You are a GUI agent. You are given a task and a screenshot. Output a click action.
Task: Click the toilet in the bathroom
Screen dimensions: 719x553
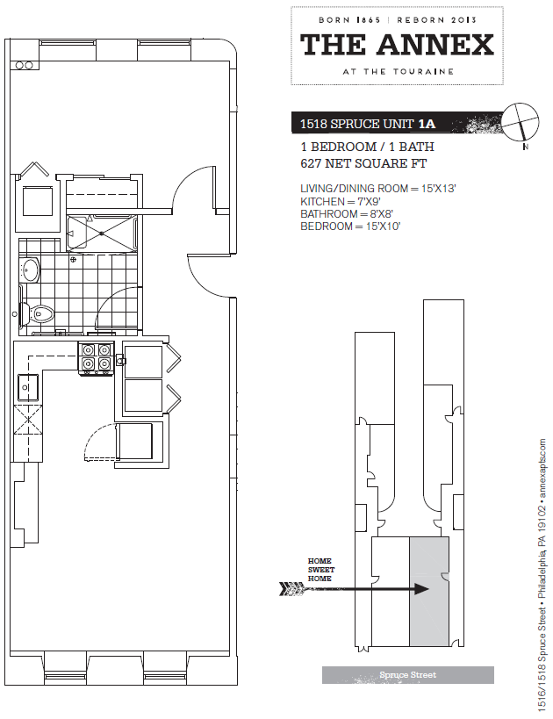(x=40, y=312)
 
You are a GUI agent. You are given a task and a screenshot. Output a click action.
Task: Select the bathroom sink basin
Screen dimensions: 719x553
(x=29, y=270)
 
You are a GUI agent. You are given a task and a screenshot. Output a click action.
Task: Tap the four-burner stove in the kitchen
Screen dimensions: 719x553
(x=96, y=356)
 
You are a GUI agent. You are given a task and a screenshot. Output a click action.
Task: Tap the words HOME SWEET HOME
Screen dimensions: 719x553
(x=320, y=570)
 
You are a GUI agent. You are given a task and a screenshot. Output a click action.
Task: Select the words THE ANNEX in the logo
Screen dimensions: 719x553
(x=397, y=45)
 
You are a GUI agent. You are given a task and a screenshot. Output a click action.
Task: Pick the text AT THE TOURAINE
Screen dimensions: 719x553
(x=397, y=71)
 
